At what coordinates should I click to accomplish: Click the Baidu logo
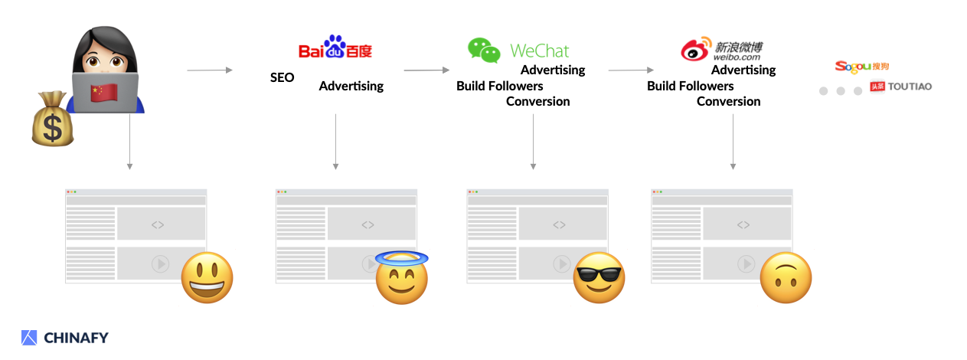pyautogui.click(x=335, y=48)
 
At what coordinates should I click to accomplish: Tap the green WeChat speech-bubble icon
pyautogui.click(x=484, y=50)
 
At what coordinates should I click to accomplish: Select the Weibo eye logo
pyautogui.click(x=695, y=51)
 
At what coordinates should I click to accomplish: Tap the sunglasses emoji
pyautogui.click(x=599, y=277)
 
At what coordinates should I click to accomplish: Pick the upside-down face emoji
pyautogui.click(x=785, y=277)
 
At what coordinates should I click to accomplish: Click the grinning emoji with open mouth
pyautogui.click(x=207, y=277)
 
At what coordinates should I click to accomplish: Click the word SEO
pyautogui.click(x=282, y=78)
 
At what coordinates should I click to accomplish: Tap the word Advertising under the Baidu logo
pyautogui.click(x=351, y=86)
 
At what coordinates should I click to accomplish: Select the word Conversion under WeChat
pyautogui.click(x=537, y=101)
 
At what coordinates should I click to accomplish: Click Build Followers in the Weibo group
pyautogui.click(x=690, y=86)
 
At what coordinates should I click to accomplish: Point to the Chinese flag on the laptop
pyautogui.click(x=104, y=93)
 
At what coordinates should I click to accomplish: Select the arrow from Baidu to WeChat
pyautogui.click(x=426, y=70)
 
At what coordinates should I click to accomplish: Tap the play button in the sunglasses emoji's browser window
pyautogui.click(x=562, y=263)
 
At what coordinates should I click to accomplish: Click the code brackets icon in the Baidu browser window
pyautogui.click(x=368, y=224)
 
